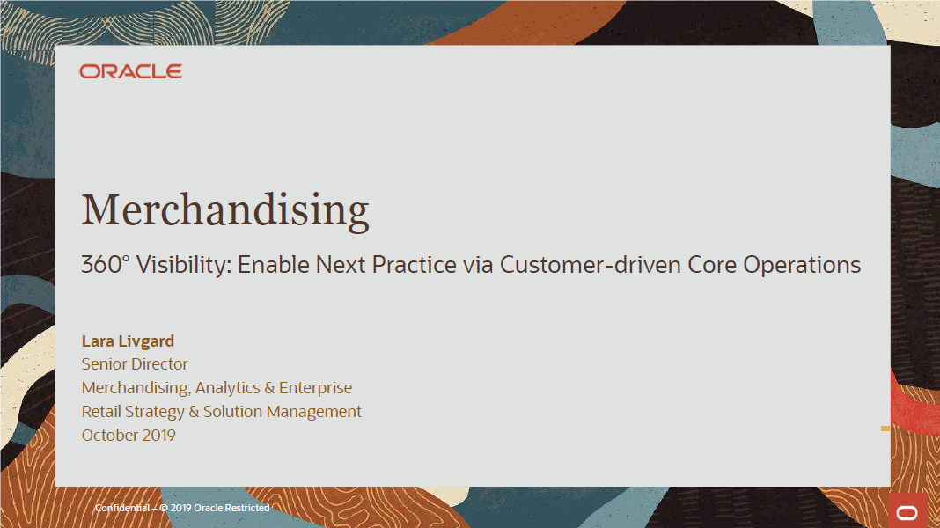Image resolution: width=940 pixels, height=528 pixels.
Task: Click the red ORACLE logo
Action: click(130, 71)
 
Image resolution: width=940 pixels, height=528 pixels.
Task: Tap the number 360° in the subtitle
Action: click(106, 264)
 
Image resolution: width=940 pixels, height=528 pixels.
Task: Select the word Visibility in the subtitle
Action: click(183, 265)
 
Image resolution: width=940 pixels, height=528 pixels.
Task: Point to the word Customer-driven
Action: click(591, 264)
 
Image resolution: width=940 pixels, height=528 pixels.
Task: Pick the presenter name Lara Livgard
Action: click(128, 341)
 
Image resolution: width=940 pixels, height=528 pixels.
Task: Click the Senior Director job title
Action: click(135, 363)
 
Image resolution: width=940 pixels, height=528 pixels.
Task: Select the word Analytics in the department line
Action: click(227, 388)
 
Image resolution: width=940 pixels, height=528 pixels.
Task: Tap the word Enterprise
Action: click(315, 388)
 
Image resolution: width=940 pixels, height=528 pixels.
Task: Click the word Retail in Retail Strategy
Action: click(100, 411)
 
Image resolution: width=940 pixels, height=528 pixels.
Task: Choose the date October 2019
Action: click(129, 435)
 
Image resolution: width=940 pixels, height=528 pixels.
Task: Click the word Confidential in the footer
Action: click(122, 508)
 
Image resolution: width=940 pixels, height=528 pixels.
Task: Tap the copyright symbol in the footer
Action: click(164, 508)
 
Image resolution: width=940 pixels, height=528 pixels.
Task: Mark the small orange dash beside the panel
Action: click(885, 429)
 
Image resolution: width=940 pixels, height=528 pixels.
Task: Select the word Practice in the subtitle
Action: click(415, 264)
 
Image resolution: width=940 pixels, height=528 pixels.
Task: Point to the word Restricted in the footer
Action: click(247, 508)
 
